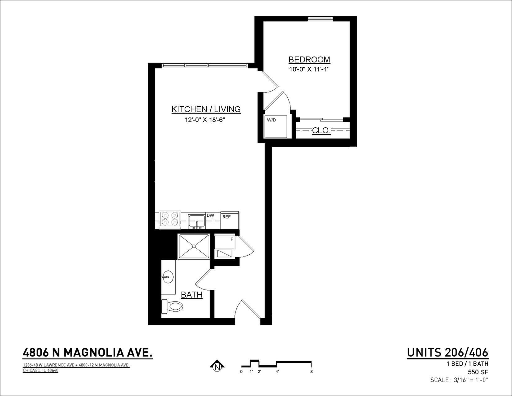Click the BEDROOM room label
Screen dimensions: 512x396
click(309, 59)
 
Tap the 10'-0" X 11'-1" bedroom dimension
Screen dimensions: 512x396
click(309, 69)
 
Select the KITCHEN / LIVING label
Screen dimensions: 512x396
click(206, 109)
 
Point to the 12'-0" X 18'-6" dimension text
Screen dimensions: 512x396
click(205, 120)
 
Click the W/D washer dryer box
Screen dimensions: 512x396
click(276, 126)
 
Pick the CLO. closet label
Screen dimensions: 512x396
click(321, 130)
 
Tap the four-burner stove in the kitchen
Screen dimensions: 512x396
click(170, 220)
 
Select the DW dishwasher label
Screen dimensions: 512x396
click(210, 215)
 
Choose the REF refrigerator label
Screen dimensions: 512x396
click(227, 217)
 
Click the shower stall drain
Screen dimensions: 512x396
click(194, 246)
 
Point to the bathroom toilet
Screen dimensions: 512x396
click(173, 307)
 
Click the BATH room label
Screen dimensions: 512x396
click(191, 295)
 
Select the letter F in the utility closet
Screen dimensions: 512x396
click(232, 239)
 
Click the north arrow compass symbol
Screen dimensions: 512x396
click(217, 366)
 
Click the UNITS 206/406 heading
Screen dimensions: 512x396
click(447, 353)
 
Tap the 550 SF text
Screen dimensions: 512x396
click(478, 372)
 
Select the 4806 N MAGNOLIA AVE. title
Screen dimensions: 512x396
click(88, 353)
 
